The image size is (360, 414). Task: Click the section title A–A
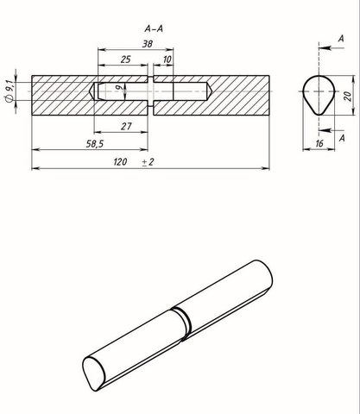[x=154, y=28]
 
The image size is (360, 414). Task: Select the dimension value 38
[x=148, y=44]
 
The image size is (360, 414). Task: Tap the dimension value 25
[x=126, y=60]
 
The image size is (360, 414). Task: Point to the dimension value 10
[x=167, y=60]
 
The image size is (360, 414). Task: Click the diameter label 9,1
[x=9, y=91]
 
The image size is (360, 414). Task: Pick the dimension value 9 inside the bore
[x=121, y=87]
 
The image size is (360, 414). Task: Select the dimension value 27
[x=126, y=126]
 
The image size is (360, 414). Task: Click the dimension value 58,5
[x=95, y=144]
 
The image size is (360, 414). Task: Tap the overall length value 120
[x=120, y=162]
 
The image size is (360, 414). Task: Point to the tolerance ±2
[x=148, y=162]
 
